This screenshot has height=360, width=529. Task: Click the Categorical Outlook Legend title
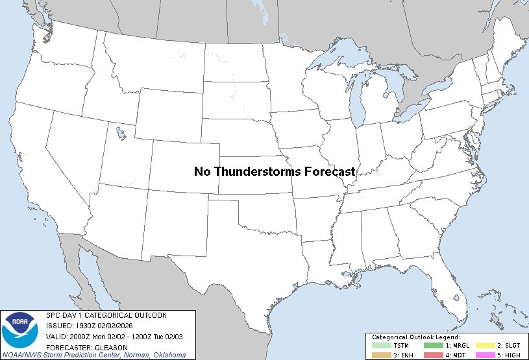coord(415,337)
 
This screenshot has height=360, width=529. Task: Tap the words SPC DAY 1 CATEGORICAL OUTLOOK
coord(106,315)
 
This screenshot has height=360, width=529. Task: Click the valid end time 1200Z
coord(142,337)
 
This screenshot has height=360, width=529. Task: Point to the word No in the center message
coord(202,171)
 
